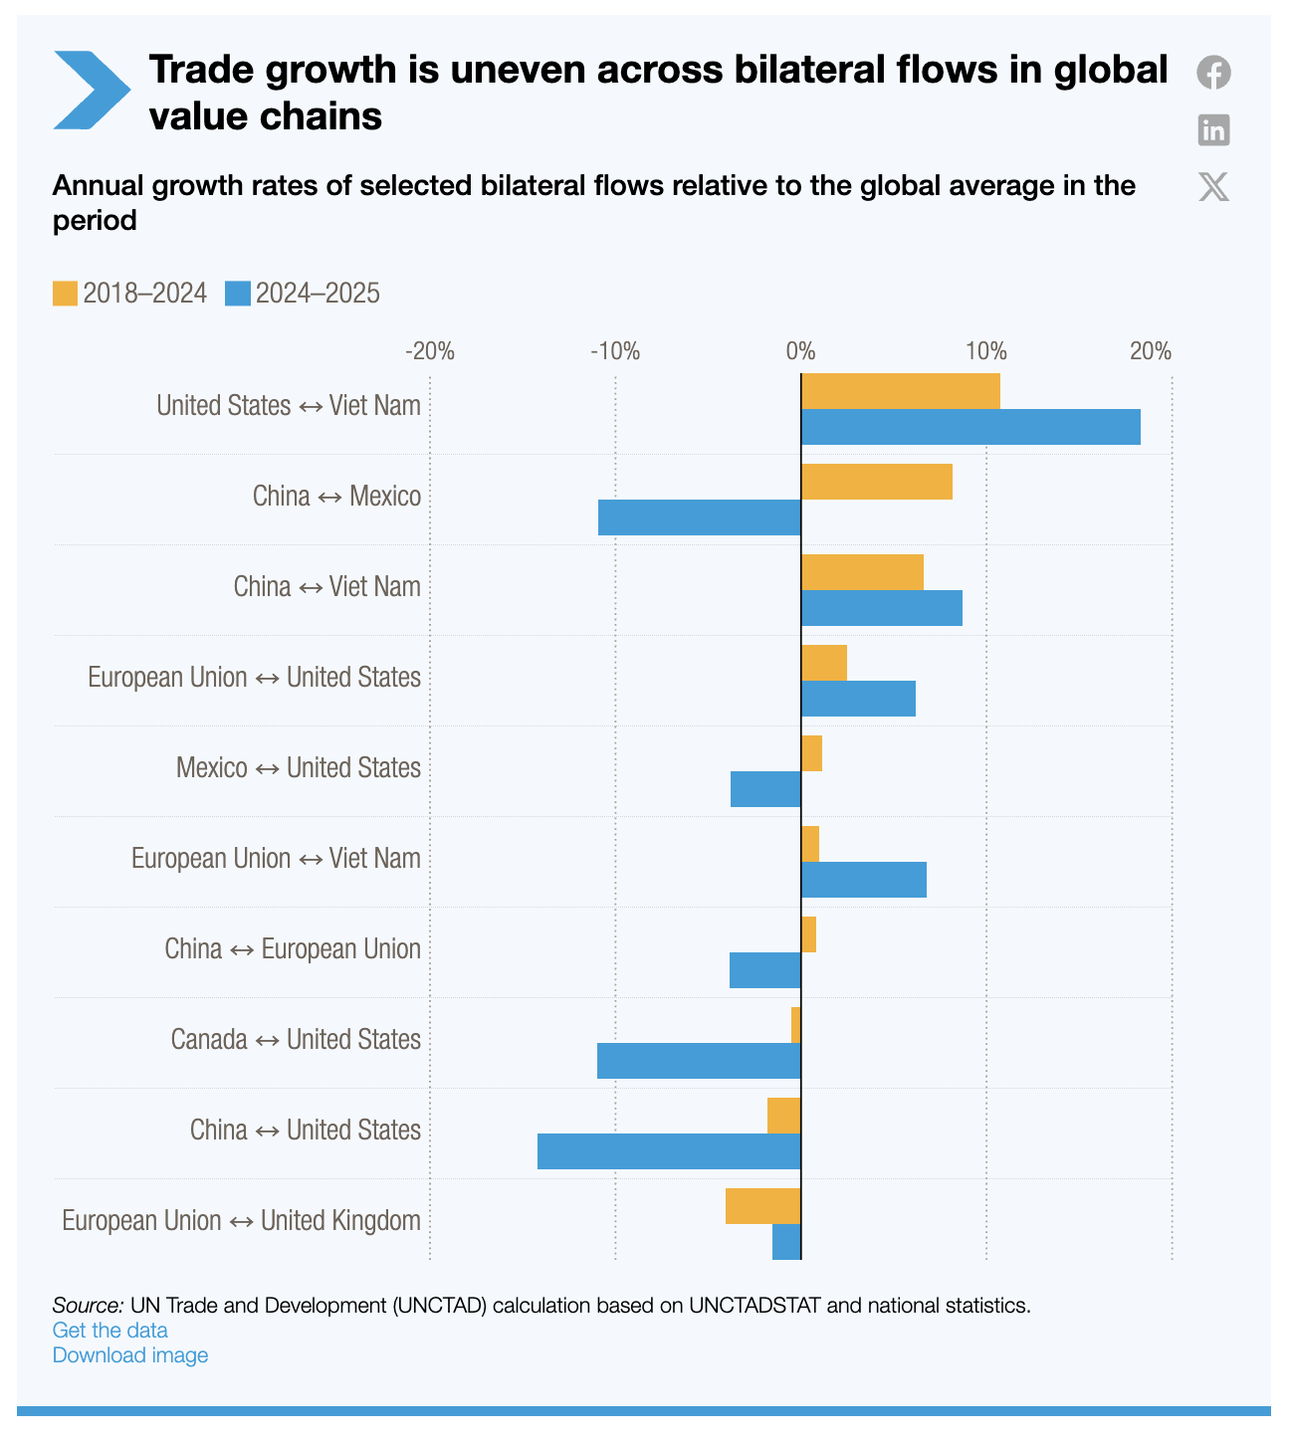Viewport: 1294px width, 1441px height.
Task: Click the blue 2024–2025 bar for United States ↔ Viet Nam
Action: click(970, 427)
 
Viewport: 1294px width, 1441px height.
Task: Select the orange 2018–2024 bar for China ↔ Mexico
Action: click(876, 482)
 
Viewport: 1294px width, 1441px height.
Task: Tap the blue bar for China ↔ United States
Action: click(669, 1151)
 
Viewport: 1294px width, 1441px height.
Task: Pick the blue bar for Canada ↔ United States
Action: click(699, 1061)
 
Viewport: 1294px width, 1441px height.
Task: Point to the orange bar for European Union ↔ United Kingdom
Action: click(762, 1205)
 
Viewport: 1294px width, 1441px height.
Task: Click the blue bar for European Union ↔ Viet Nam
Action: click(863, 880)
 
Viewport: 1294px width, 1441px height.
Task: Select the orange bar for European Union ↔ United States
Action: click(823, 663)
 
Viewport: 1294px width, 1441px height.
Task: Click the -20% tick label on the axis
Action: click(430, 351)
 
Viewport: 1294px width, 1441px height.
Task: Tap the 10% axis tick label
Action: click(985, 351)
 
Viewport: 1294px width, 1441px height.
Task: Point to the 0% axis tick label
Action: click(800, 351)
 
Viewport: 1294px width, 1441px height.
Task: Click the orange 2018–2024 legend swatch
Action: click(65, 294)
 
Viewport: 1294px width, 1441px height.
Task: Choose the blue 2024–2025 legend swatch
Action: click(237, 294)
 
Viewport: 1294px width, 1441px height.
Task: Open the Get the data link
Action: click(109, 1331)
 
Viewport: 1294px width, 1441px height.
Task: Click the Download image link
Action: click(130, 1355)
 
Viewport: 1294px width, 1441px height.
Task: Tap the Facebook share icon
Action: click(1213, 73)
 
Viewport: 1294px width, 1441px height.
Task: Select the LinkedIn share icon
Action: click(1213, 129)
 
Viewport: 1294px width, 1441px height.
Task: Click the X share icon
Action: click(1213, 186)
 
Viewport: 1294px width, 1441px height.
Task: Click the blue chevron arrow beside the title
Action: click(90, 90)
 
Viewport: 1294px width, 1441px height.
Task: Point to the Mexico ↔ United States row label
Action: click(298, 768)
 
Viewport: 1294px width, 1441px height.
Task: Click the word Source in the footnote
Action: click(88, 1306)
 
